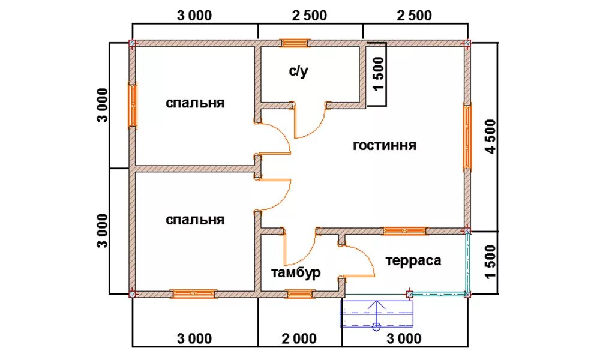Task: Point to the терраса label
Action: [413, 260]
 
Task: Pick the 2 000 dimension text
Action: [299, 338]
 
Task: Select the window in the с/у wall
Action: [295, 43]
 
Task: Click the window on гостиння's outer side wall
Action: [467, 137]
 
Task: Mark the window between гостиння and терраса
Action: [405, 231]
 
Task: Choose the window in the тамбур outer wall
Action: [299, 294]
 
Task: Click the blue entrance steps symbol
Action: [377, 313]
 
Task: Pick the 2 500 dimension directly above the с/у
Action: [310, 16]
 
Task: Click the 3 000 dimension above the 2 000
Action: [194, 16]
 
